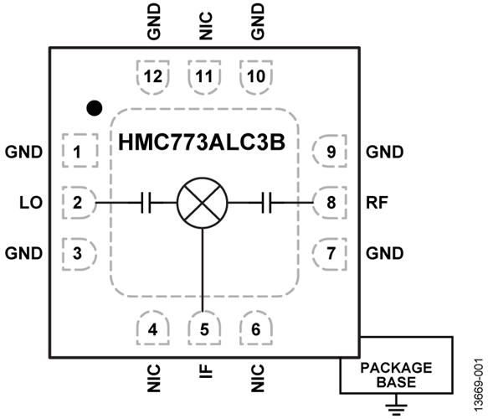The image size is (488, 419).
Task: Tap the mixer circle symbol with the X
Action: [203, 202]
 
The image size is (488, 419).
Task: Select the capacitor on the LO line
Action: [145, 202]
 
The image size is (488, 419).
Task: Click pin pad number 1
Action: [77, 153]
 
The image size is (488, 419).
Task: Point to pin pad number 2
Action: [77, 202]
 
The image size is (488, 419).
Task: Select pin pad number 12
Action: [152, 76]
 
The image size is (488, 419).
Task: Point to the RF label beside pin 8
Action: [376, 202]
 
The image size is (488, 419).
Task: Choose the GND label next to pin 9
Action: [385, 153]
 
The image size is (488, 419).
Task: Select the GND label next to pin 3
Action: [23, 252]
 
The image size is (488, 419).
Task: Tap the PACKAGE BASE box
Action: [396, 375]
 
